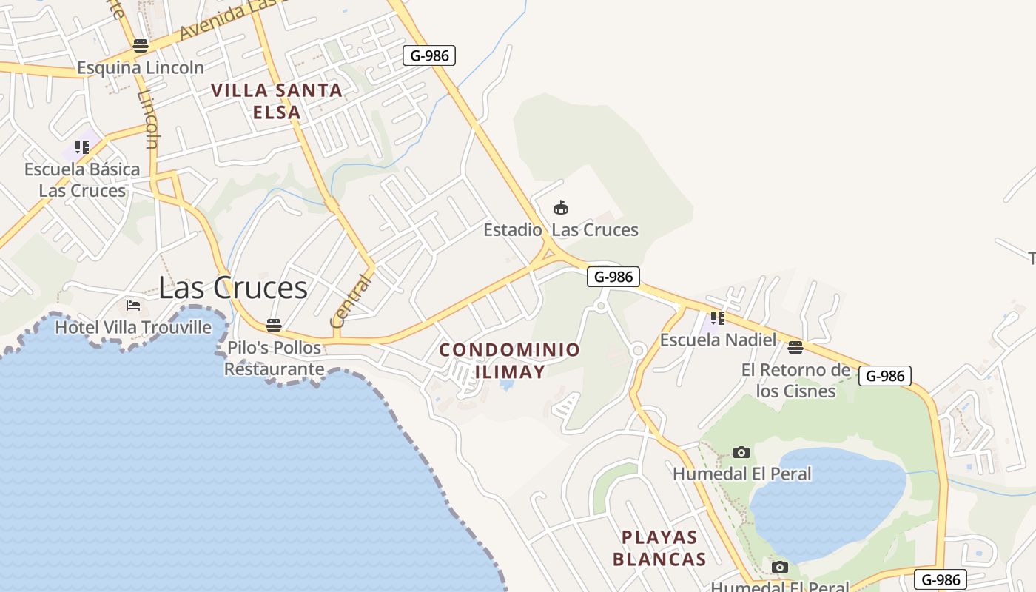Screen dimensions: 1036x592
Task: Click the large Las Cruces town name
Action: (233, 288)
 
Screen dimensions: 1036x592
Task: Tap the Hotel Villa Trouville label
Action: (133, 327)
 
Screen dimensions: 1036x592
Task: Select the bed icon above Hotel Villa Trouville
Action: (133, 305)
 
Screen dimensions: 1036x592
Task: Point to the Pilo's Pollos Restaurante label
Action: (274, 358)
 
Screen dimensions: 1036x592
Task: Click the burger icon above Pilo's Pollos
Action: (274, 325)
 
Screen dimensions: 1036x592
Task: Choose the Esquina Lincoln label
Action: (141, 67)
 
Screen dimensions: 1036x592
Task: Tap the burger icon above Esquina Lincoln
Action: (141, 45)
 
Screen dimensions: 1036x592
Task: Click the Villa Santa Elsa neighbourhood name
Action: (277, 101)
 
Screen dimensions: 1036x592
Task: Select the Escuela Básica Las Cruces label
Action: (82, 180)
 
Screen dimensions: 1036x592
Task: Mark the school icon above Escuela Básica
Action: (81, 147)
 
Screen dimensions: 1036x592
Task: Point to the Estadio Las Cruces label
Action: (561, 229)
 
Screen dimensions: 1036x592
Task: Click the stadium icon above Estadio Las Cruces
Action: (561, 207)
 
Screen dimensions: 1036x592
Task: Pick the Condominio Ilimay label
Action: (510, 360)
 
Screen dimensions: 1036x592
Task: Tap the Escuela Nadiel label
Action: (718, 340)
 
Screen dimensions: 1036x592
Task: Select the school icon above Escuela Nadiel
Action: (717, 318)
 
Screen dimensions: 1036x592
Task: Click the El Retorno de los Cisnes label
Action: (795, 380)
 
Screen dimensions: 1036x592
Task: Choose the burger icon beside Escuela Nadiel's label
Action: (795, 347)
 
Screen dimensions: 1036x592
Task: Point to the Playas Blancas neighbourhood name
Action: (659, 548)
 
